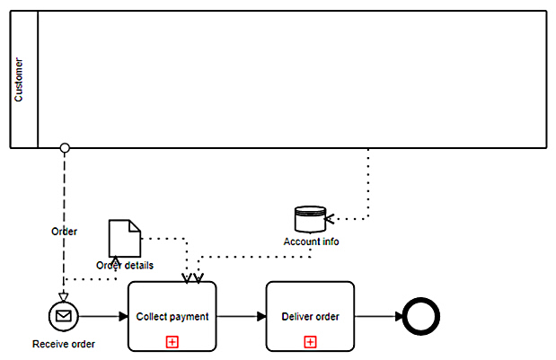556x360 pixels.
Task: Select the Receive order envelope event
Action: coord(65,315)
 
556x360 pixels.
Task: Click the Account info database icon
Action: coord(310,219)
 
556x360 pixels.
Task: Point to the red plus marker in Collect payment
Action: coord(172,341)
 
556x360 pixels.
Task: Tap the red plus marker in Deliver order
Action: coord(310,341)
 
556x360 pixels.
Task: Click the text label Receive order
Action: coord(64,344)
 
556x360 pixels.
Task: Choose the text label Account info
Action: coord(311,241)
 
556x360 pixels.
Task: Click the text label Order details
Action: coord(125,265)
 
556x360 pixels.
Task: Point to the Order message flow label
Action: coord(64,231)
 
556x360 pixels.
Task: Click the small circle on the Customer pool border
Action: coord(65,147)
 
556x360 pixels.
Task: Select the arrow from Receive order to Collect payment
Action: coord(104,316)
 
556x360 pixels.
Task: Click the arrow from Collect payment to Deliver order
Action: coord(242,316)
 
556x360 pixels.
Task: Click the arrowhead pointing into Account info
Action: coord(330,218)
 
